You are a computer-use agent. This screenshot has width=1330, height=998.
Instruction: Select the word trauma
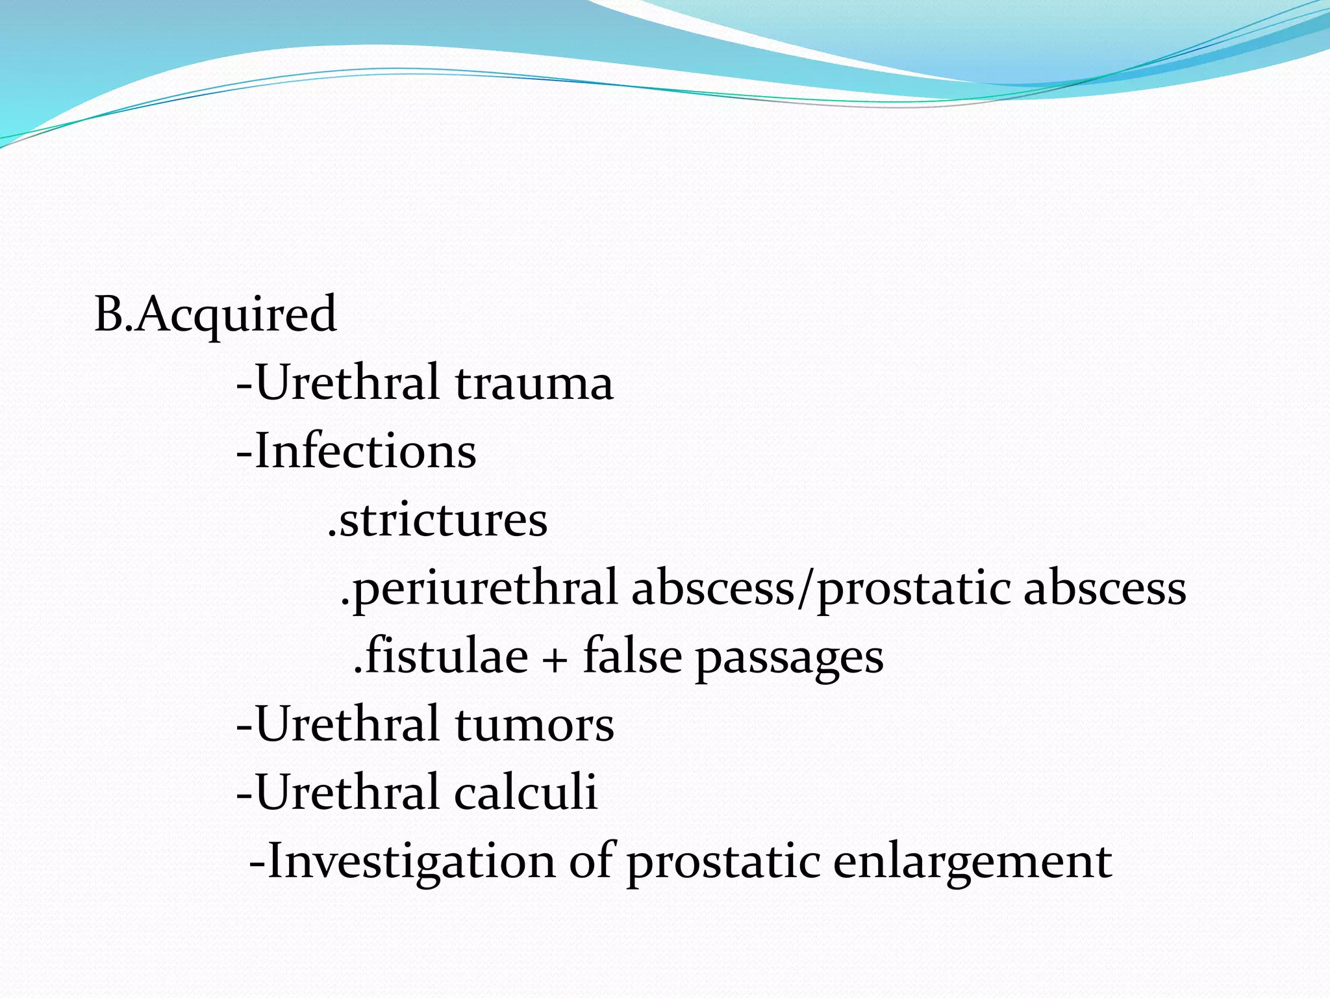pyautogui.click(x=534, y=383)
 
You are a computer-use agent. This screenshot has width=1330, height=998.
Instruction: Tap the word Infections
pyautogui.click(x=366, y=451)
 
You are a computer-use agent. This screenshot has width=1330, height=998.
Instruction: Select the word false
pyautogui.click(x=632, y=656)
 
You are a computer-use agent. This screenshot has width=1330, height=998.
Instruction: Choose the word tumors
pyautogui.click(x=534, y=724)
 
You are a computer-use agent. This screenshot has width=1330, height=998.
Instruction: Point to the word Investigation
pyautogui.click(x=411, y=862)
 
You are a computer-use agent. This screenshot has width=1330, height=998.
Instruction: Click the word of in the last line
pyautogui.click(x=591, y=860)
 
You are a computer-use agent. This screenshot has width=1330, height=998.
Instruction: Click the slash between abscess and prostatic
pyautogui.click(x=805, y=589)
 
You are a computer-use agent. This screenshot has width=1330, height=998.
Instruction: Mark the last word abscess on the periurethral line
pyautogui.click(x=1105, y=589)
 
